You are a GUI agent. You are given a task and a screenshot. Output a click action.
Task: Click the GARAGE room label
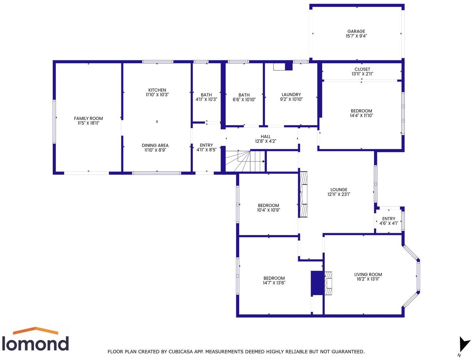tap(356, 31)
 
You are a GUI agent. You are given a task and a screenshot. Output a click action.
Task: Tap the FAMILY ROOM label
tap(88, 118)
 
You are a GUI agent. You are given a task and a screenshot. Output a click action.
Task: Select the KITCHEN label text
tap(157, 90)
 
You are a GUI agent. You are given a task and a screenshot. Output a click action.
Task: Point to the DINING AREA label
tap(155, 145)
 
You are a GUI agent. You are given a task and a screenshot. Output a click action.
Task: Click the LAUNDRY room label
tap(291, 95)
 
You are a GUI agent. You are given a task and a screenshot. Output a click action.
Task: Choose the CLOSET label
tap(362, 69)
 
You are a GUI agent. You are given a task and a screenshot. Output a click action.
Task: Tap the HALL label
tap(266, 137)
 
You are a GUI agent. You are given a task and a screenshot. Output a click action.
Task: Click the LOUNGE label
tap(339, 190)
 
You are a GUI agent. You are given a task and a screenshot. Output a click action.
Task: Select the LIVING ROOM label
tap(368, 274)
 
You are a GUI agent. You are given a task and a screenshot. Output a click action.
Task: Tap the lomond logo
tap(35, 340)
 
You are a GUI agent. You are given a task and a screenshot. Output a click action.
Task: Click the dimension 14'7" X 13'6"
tap(274, 283)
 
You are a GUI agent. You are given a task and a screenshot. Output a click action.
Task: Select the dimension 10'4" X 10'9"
tap(269, 210)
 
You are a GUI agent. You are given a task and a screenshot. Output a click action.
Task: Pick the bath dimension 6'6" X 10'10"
tap(244, 99)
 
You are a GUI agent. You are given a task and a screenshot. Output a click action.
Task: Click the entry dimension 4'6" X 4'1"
tap(389, 223)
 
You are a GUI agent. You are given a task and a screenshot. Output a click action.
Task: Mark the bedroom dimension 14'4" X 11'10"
tap(361, 115)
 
